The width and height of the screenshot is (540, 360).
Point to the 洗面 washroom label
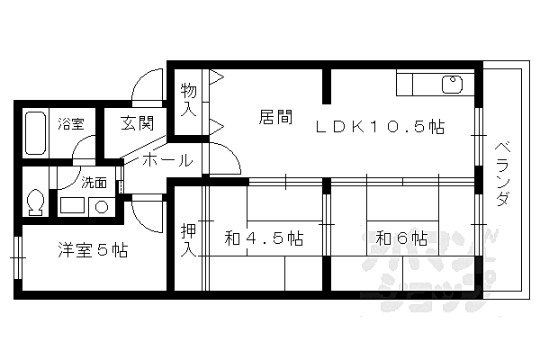point(94,182)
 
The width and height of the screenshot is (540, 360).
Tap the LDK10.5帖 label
point(379,128)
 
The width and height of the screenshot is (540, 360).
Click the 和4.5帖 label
point(264,238)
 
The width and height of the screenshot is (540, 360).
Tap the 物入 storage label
point(188,99)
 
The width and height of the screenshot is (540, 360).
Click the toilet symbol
point(35,202)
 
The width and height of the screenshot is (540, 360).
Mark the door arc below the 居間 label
point(226,158)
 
